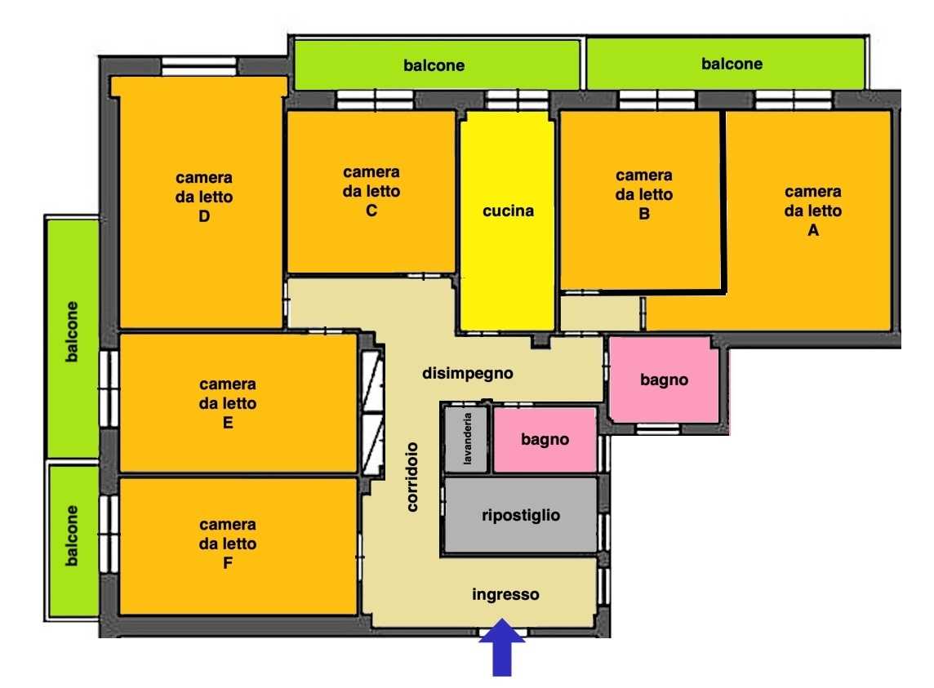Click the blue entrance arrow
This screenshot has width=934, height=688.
tap(502, 647)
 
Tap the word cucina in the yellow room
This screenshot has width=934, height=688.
tap(508, 211)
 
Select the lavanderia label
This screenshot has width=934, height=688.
tap(468, 438)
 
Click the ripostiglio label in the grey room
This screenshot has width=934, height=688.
tap(521, 515)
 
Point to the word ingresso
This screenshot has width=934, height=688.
tap(505, 594)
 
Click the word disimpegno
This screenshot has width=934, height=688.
tap(468, 374)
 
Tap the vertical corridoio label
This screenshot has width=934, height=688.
tap(412, 477)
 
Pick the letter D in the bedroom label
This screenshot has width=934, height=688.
tap(204, 216)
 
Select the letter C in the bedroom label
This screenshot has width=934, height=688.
tap(371, 211)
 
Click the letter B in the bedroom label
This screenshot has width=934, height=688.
tap(644, 214)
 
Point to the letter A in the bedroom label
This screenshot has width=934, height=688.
tap(813, 230)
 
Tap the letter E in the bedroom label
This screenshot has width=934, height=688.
tap(228, 423)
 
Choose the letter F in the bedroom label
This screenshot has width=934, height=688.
tap(228, 563)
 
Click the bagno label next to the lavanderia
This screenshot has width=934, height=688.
tap(545, 440)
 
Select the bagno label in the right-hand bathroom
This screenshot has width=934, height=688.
tap(664, 380)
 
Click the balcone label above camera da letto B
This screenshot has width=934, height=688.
tap(732, 64)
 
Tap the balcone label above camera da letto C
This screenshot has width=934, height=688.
tap(434, 65)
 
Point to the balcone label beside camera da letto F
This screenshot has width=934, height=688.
tap(72, 536)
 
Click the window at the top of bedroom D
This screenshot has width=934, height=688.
tap(199, 65)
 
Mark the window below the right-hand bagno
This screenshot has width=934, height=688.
tap(657, 429)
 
